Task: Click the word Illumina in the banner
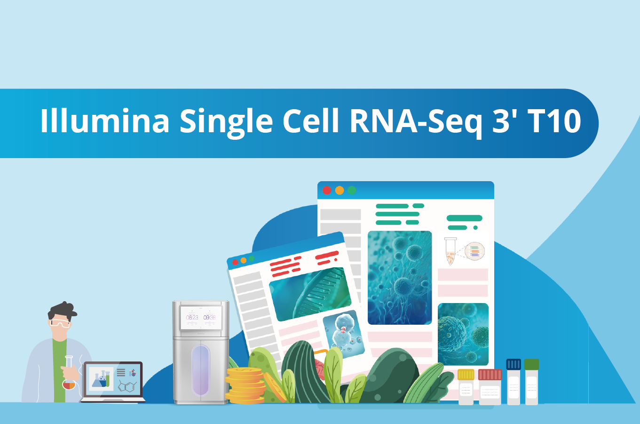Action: (104, 120)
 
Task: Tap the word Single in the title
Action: (226, 123)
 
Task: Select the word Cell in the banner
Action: (311, 120)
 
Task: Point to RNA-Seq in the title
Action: (416, 123)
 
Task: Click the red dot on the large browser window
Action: (327, 191)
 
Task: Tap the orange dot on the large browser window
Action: (340, 191)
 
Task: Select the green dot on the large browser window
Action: (352, 191)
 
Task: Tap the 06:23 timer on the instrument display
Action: (192, 318)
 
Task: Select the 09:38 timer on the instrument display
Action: (209, 318)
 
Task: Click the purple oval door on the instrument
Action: (201, 370)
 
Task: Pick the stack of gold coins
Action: (245, 385)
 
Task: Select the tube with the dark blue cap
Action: (514, 382)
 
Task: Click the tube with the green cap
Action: (531, 382)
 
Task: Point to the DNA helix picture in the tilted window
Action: (310, 294)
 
